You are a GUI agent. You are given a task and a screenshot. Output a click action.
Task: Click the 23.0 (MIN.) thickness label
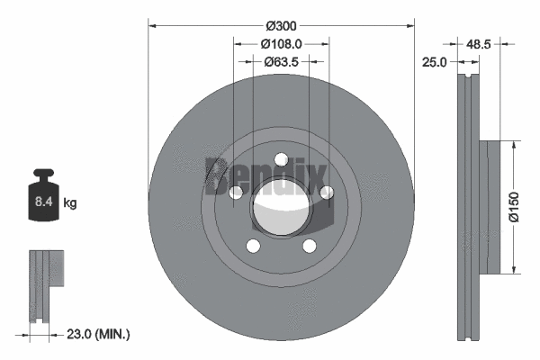(x=100, y=334)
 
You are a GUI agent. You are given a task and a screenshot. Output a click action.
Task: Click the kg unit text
(x=70, y=203)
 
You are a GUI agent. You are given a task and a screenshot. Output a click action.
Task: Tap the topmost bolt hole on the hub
(x=281, y=160)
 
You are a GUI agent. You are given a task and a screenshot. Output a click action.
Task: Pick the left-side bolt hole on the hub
(x=237, y=193)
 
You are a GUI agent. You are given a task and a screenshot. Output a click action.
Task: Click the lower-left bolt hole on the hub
(x=253, y=246)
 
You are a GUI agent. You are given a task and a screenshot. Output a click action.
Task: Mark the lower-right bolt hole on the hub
(x=309, y=246)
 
